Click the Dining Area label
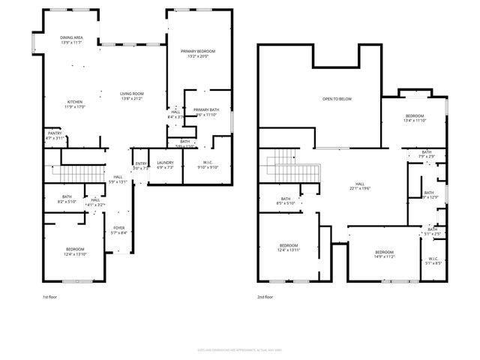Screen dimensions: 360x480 pyautogui.click(x=72, y=37)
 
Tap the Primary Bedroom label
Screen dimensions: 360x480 pyautogui.click(x=199, y=52)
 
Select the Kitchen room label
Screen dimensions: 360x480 pyautogui.click(x=75, y=102)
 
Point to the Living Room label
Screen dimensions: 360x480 pyautogui.click(x=131, y=94)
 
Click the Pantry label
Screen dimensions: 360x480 pyautogui.click(x=55, y=133)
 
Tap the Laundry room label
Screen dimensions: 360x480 pyautogui.click(x=165, y=163)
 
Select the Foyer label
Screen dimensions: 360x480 pyautogui.click(x=119, y=228)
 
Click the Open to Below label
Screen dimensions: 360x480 pyautogui.click(x=337, y=99)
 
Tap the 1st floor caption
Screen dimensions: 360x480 pyautogui.click(x=49, y=298)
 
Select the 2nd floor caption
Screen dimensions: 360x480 pyautogui.click(x=266, y=298)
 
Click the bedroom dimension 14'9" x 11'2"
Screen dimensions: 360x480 pyautogui.click(x=385, y=256)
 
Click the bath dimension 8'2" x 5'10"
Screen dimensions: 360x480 pyautogui.click(x=67, y=202)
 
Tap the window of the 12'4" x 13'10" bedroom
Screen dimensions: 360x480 pyautogui.click(x=73, y=281)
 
